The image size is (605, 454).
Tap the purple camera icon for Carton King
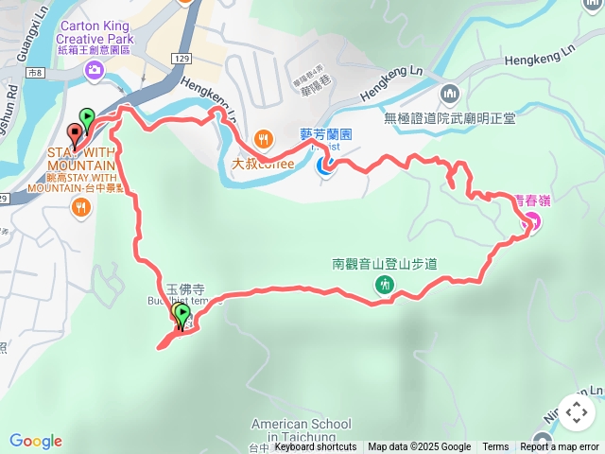(x=95, y=70)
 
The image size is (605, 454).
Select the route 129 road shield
(x=181, y=59)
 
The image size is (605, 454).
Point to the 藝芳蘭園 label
(x=325, y=135)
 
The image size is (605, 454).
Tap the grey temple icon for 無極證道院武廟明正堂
(x=449, y=93)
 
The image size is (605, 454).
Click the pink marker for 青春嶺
(x=530, y=223)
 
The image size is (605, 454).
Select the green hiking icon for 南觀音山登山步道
(x=385, y=284)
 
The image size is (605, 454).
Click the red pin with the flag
(x=76, y=135)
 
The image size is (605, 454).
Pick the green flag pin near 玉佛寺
(x=181, y=315)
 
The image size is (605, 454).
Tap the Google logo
(x=36, y=441)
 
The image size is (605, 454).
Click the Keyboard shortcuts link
(x=315, y=447)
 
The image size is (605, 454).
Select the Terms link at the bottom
(x=495, y=447)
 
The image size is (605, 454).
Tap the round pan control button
(x=576, y=412)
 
